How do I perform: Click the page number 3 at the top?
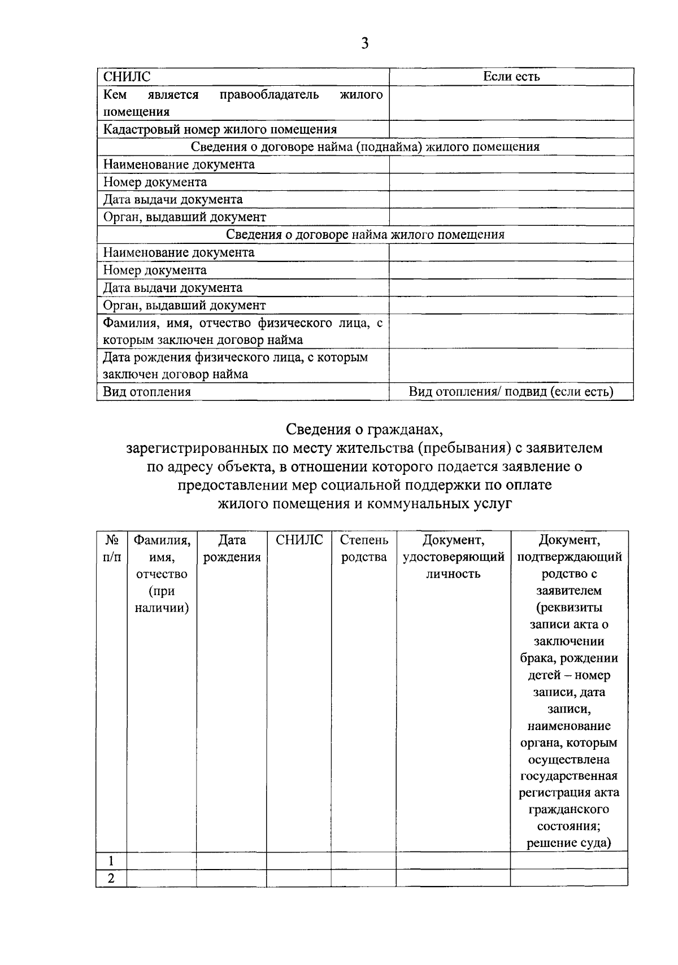tap(364, 43)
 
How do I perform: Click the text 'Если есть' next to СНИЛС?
tap(511, 77)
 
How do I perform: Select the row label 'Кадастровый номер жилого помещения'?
tap(220, 129)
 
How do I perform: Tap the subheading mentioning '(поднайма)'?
tap(364, 147)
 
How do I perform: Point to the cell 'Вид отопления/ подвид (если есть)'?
tap(511, 391)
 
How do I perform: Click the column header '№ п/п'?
tap(111, 548)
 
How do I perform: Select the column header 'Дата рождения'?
tap(232, 548)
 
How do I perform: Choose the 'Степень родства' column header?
tap(364, 548)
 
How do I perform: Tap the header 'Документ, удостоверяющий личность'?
tap(453, 557)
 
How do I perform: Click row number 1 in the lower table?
tap(111, 861)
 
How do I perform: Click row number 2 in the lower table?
tap(111, 878)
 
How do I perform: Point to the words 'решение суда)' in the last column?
tap(569, 844)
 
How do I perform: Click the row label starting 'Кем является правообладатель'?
tap(243, 103)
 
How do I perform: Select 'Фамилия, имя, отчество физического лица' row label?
tap(243, 331)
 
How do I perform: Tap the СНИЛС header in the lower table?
tap(299, 540)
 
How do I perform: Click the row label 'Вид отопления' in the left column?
tap(147, 391)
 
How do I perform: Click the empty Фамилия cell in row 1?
tap(162, 861)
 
